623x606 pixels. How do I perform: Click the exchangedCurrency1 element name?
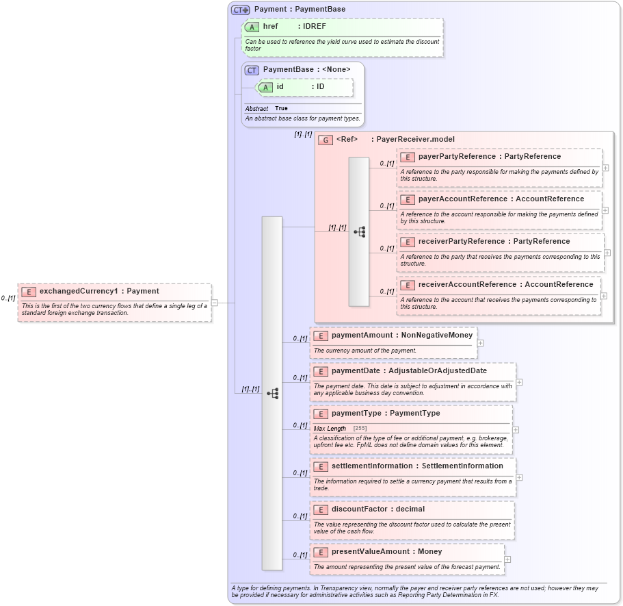coord(78,291)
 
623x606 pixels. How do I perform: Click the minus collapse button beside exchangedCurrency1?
coord(214,302)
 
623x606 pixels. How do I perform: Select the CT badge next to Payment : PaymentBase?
coord(240,10)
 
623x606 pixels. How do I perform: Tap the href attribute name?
coord(270,26)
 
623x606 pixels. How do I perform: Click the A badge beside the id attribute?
coord(265,87)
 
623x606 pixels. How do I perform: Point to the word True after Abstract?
coord(281,108)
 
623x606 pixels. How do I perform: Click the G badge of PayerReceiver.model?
coord(326,140)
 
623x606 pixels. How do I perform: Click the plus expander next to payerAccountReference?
coord(605,210)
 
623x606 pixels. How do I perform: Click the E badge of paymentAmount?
coord(320,336)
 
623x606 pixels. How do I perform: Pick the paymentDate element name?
coord(356,370)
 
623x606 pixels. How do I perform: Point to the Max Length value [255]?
coord(360,429)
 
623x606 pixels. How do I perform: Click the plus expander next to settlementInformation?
coord(519,477)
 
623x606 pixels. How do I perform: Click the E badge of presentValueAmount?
coord(320,552)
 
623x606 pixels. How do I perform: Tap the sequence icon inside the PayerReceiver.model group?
coord(359,232)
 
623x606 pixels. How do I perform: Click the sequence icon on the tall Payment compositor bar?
coord(272,393)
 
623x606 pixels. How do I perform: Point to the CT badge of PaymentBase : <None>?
coord(252,70)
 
